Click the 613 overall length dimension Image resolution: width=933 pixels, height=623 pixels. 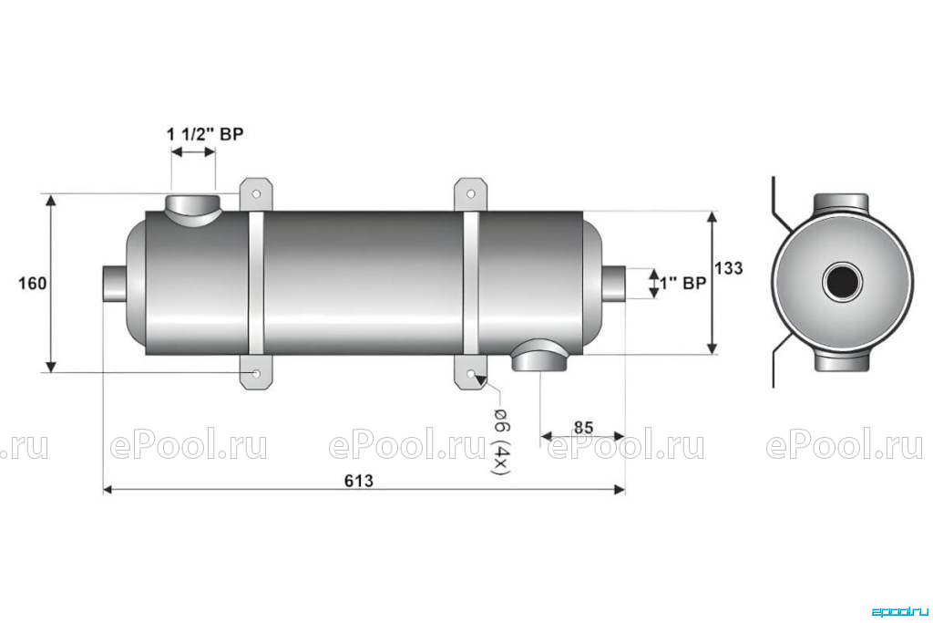point(359,481)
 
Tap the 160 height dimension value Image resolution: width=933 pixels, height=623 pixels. point(32,284)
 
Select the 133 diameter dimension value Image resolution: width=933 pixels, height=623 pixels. point(729,268)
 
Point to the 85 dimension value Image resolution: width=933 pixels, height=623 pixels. point(583,428)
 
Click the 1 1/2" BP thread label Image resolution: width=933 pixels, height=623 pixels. point(205,134)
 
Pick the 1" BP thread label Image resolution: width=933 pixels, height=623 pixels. point(683,284)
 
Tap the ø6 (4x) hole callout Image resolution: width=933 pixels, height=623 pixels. point(499,441)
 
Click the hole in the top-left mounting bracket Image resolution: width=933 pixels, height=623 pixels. point(256,194)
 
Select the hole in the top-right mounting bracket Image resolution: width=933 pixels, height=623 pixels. point(471,194)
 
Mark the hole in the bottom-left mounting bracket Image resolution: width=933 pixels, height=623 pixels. point(256,373)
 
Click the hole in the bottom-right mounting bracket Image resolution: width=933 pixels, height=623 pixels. point(471,373)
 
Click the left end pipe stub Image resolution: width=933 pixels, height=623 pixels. point(114,284)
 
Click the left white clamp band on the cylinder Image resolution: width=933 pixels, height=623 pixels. point(256,283)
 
